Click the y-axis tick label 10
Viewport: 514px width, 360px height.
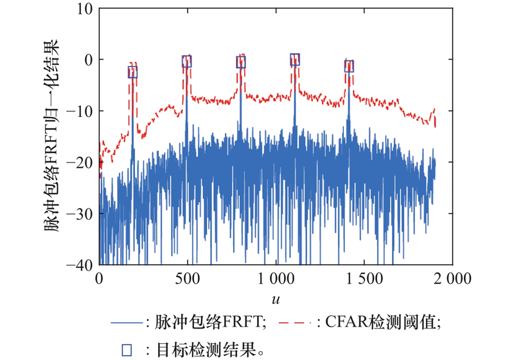tap(86, 9)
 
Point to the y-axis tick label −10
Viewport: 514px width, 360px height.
tap(82, 111)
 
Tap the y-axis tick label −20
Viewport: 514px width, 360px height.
tap(82, 162)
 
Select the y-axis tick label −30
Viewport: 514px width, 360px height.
tap(82, 213)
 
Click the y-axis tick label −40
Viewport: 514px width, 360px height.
tap(82, 264)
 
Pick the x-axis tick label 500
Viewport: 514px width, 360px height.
tap(188, 279)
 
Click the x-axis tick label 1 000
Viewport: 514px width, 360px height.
tap(276, 279)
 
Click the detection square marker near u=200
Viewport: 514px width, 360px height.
tap(133, 72)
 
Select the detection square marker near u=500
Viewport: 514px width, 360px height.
tap(187, 61)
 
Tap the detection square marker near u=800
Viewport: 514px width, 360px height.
tap(241, 62)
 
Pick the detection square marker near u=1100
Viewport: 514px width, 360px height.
tap(295, 60)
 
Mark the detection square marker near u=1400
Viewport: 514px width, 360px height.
tap(349, 66)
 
